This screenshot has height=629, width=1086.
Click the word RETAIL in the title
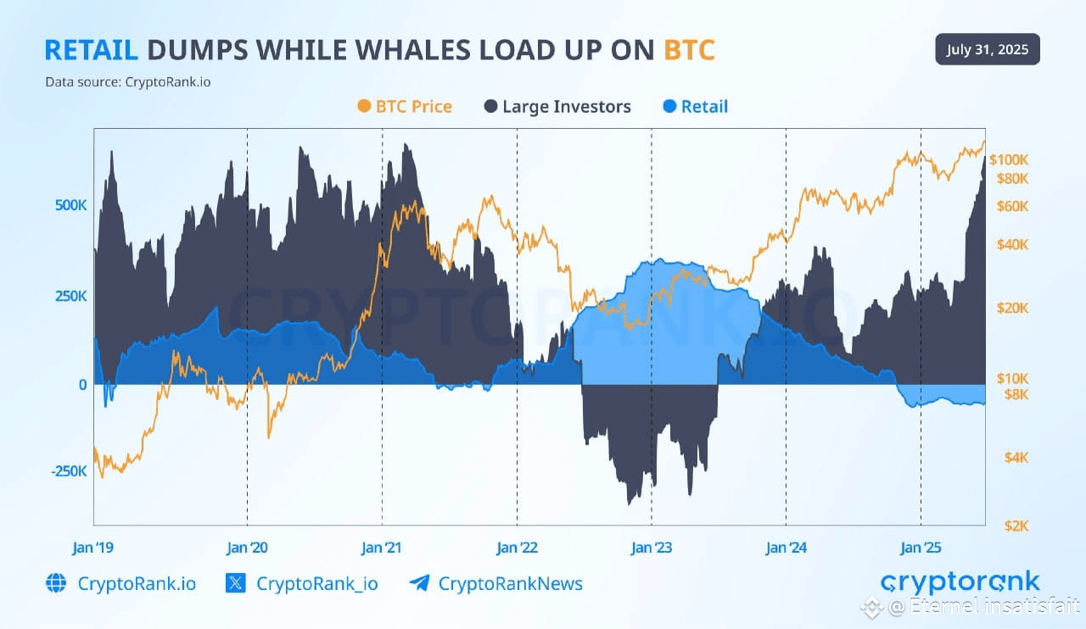click(91, 50)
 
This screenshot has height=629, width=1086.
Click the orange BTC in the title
click(689, 50)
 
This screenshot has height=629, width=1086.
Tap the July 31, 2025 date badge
click(988, 49)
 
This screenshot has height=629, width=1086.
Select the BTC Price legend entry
click(405, 107)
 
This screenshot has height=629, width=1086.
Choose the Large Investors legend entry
click(557, 107)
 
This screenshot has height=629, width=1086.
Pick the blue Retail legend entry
click(693, 107)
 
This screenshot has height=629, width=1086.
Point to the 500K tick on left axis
click(70, 206)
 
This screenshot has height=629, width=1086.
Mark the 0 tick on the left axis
click(81, 384)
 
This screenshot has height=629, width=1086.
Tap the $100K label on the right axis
click(1009, 159)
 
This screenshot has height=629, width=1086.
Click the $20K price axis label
click(1012, 308)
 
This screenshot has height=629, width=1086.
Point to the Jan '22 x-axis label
click(517, 548)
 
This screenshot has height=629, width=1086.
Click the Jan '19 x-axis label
click(94, 548)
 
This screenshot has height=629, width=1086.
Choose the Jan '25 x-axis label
click(921, 548)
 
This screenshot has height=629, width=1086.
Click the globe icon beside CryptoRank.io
click(56, 583)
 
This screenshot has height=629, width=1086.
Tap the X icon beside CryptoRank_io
click(236, 583)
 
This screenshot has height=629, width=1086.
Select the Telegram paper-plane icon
click(419, 583)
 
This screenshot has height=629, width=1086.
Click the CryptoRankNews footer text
click(510, 583)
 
